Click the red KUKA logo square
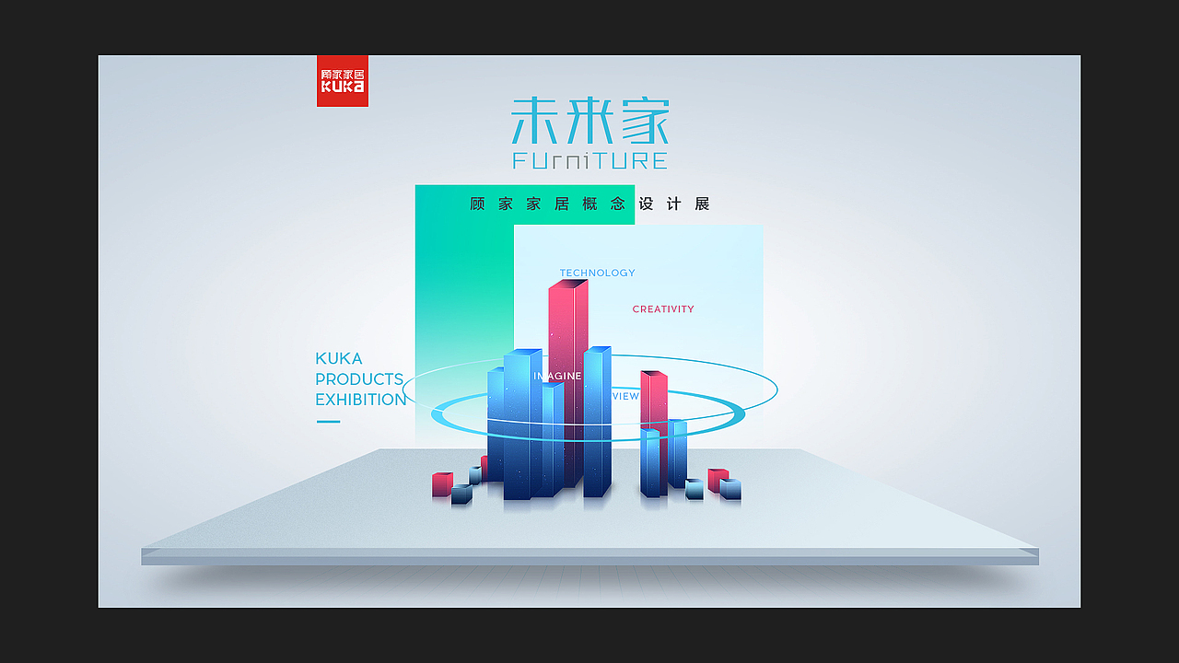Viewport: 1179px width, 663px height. coord(342,80)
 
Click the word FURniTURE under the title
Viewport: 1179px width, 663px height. coord(589,161)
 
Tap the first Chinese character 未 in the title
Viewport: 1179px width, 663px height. coord(535,121)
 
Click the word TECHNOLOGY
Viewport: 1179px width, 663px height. coord(597,273)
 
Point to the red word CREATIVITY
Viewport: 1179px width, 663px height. coord(663,309)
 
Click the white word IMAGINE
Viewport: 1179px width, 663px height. coord(558,376)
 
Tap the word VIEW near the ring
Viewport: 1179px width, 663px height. coord(625,396)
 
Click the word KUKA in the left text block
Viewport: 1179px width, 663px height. coord(338,358)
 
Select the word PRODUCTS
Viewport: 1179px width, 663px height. coord(359,378)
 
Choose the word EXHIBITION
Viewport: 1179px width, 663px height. coord(360,400)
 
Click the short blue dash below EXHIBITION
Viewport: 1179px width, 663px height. coord(328,422)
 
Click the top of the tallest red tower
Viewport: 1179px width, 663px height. coord(568,284)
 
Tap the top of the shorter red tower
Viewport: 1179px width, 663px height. coord(654,374)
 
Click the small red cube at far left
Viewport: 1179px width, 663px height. coord(442,483)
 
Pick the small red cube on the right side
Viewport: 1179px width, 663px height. coord(717,479)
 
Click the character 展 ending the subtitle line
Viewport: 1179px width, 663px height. coord(702,204)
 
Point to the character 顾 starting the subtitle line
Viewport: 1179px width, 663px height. coord(477,204)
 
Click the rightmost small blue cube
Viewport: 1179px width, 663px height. coord(730,489)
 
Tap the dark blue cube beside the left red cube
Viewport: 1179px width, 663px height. coord(461,494)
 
